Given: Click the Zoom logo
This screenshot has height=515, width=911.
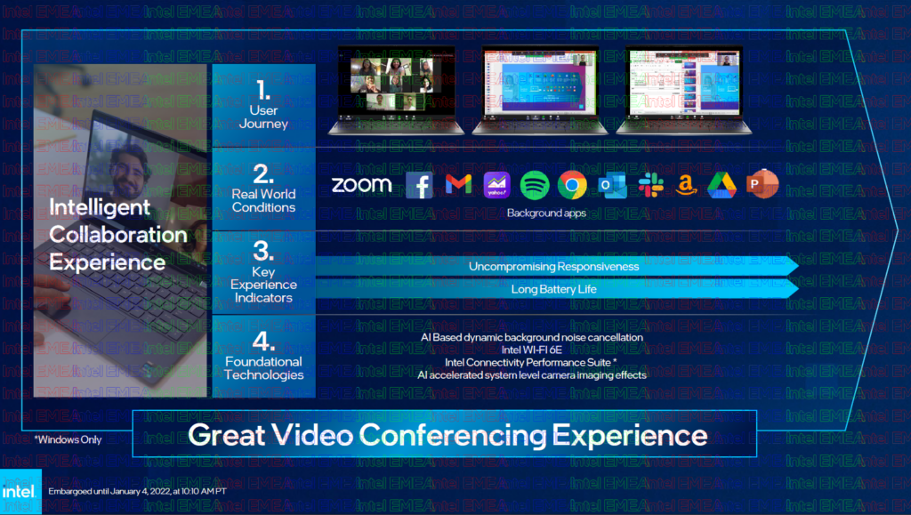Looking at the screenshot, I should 361,185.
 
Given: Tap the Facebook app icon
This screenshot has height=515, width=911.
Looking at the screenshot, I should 419,185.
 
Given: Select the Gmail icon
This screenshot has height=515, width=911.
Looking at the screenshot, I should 457,184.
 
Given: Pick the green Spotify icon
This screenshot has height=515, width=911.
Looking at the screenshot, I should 535,184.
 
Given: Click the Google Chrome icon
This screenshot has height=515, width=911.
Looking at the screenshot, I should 572,184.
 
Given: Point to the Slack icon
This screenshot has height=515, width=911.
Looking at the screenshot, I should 650,184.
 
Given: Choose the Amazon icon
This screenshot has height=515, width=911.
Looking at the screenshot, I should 685,184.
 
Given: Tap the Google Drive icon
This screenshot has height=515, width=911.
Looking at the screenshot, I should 722,184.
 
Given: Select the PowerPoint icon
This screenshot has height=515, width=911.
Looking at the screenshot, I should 762,184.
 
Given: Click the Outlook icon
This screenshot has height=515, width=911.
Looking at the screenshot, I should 611,185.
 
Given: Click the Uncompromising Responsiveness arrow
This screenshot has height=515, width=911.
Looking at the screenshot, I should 553,266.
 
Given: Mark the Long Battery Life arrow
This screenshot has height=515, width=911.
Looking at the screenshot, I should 553,289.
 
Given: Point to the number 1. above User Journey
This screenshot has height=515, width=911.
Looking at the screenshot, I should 262,90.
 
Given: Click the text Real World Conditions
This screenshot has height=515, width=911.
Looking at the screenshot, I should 263,200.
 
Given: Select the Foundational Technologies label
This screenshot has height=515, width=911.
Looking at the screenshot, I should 263,368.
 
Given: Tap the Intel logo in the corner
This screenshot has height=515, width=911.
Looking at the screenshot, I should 20,492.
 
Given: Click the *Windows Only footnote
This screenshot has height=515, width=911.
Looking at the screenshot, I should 68,439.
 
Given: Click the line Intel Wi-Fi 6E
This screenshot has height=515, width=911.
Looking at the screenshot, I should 531,350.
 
